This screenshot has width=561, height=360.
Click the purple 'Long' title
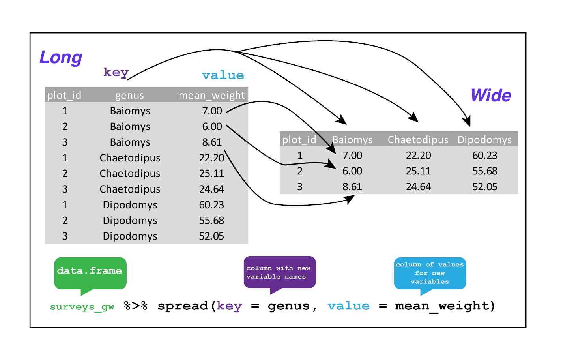pyautogui.click(x=61, y=57)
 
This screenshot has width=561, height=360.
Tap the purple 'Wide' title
pyautogui.click(x=491, y=96)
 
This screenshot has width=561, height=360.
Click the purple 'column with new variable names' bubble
pyautogui.click(x=279, y=272)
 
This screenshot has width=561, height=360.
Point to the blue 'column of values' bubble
pyautogui.click(x=430, y=273)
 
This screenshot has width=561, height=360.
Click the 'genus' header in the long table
pyautogui.click(x=129, y=95)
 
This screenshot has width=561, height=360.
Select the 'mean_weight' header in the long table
pyautogui.click(x=211, y=95)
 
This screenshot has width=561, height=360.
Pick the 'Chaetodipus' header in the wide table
pyautogui.click(x=418, y=140)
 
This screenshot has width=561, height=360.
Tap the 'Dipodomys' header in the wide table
pyautogui.click(x=484, y=140)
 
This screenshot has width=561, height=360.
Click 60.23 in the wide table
pyautogui.click(x=484, y=156)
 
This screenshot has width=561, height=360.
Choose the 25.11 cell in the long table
pyautogui.click(x=211, y=174)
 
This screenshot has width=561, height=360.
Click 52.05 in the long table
pyautogui.click(x=211, y=236)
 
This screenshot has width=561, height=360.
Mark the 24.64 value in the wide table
pyautogui.click(x=418, y=187)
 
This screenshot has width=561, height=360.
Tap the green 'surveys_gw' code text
pyautogui.click(x=82, y=307)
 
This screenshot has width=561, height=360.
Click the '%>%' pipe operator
pyautogui.click(x=135, y=306)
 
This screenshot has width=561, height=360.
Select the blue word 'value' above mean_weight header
pyautogui.click(x=223, y=75)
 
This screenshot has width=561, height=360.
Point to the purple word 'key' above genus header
pyautogui.click(x=116, y=72)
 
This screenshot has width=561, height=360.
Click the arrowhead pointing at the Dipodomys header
pyautogui.click(x=467, y=122)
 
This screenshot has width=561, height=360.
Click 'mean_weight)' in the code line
pyautogui.click(x=445, y=306)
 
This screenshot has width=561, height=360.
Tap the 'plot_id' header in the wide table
pyautogui.click(x=299, y=140)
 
